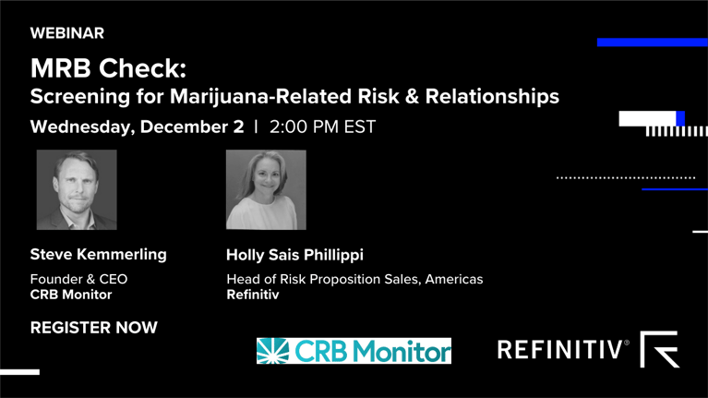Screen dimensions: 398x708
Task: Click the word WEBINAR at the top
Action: tap(66, 33)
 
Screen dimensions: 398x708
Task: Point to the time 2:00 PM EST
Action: tap(322, 127)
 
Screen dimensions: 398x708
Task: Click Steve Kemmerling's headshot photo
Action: tap(77, 189)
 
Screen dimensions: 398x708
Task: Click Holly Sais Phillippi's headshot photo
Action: tap(266, 189)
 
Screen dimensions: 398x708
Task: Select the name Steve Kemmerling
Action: tap(98, 254)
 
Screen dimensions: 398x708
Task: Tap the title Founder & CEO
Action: tap(78, 279)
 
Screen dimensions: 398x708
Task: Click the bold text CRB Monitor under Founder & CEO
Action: tap(71, 295)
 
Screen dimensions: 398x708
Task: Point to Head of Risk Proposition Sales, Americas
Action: tap(354, 279)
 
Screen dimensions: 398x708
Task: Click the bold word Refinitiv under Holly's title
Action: tap(252, 295)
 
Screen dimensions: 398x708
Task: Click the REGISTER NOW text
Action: tap(93, 328)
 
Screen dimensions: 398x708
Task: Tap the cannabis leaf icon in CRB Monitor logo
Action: tap(274, 351)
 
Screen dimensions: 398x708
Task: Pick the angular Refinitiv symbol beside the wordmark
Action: tap(659, 349)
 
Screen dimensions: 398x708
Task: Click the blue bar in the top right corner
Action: tap(652, 42)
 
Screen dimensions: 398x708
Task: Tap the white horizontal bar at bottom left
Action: tap(19, 372)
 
